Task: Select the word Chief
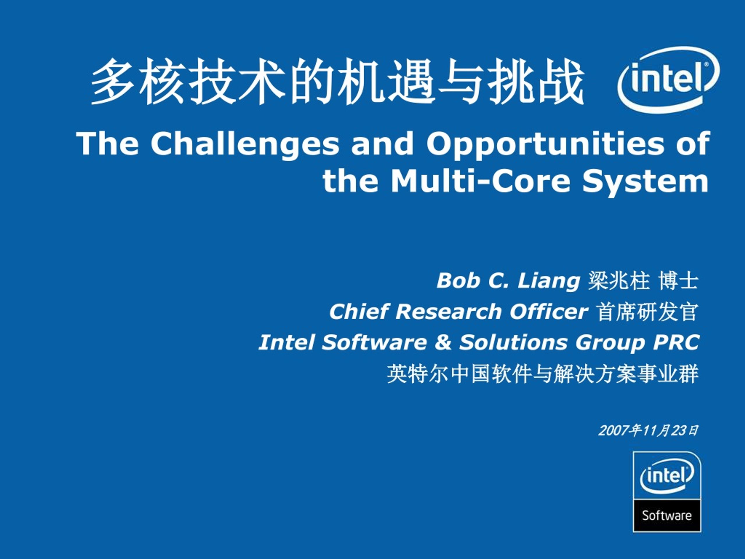point(359,311)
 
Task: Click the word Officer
point(549,311)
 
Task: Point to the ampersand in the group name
point(443,342)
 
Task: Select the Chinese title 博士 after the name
point(679,281)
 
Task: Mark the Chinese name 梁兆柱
point(618,281)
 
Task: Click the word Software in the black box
point(667,516)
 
